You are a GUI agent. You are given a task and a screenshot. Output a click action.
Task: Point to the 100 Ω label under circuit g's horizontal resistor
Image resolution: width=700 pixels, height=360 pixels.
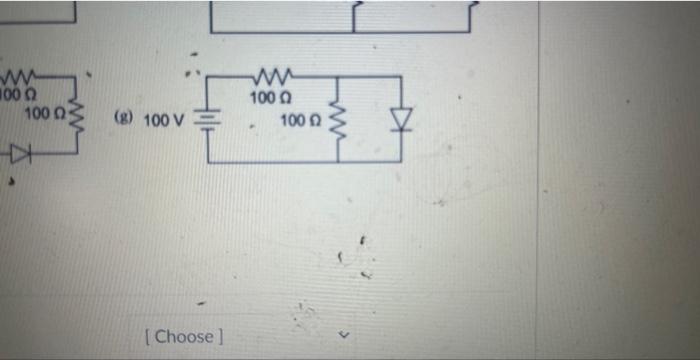click(268, 98)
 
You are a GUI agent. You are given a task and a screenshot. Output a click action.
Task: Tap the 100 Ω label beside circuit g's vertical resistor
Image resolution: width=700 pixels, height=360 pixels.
click(300, 121)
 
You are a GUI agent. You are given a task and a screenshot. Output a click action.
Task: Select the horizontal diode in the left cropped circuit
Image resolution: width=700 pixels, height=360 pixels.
click(22, 154)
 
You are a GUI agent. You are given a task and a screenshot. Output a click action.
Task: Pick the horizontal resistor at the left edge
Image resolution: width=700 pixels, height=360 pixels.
click(20, 78)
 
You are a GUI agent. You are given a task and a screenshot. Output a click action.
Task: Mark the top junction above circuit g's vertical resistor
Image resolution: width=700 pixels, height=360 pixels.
click(336, 78)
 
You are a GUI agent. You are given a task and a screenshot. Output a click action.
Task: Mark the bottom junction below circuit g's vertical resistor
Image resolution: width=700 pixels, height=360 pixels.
click(336, 161)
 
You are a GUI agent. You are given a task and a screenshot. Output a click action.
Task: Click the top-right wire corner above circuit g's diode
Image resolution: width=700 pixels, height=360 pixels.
click(401, 78)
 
